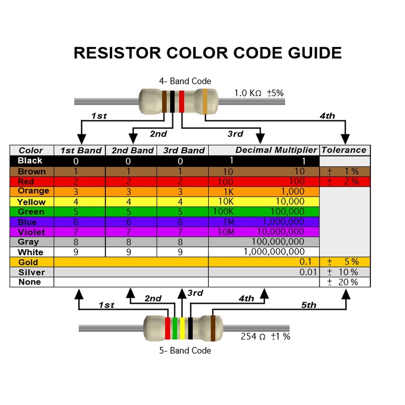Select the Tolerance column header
(x=344, y=150)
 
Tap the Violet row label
(x=31, y=232)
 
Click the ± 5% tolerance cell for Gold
(x=344, y=262)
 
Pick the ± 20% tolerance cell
(x=344, y=282)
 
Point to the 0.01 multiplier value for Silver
(x=308, y=272)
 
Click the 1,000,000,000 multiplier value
(x=274, y=252)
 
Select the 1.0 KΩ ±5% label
(x=259, y=93)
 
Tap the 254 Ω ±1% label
(x=265, y=337)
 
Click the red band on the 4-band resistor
(x=182, y=101)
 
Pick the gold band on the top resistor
(x=205, y=101)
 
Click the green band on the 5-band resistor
(x=175, y=328)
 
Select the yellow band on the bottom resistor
(x=182, y=328)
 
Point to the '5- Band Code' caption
(x=185, y=351)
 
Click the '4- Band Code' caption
(x=185, y=81)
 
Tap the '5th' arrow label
(x=309, y=305)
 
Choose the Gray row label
(x=28, y=242)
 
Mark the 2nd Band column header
(x=132, y=151)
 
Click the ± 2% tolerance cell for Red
(x=344, y=182)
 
